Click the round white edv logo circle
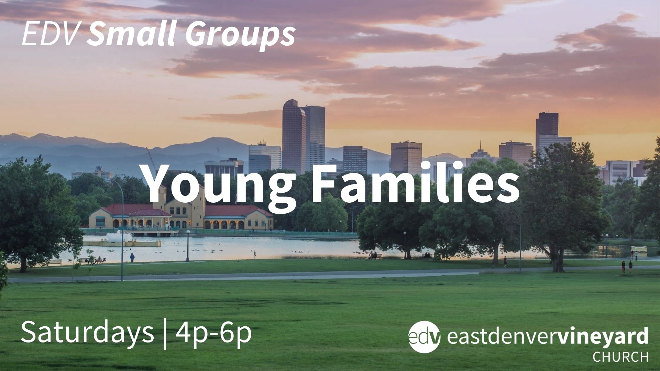pyautogui.click(x=424, y=337)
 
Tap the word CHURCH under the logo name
pyautogui.click(x=620, y=357)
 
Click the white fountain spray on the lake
pyautogui.click(x=119, y=237)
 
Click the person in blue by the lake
pyautogui.click(x=132, y=258)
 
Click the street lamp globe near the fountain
pyautogui.click(x=188, y=232)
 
